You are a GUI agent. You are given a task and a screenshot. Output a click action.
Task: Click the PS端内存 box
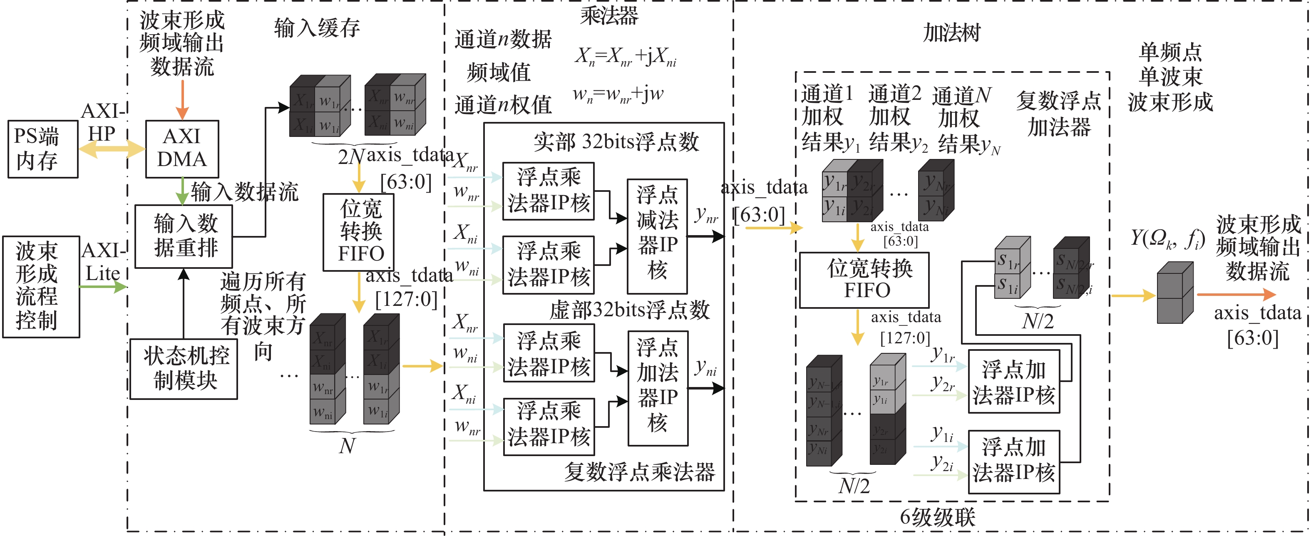point(43,149)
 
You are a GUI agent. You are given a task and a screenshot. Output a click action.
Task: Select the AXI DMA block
point(182,149)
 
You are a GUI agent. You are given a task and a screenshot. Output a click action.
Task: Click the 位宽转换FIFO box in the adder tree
point(864,280)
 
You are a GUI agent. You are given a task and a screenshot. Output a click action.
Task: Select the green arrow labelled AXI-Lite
point(102,287)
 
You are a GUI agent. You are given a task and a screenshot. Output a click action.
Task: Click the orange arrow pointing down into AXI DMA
point(182,100)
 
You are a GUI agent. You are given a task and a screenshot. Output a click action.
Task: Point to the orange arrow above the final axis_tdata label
point(1236,294)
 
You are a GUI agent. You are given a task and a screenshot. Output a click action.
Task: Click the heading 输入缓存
point(317,27)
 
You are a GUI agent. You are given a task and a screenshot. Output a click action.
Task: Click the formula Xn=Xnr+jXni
point(626,57)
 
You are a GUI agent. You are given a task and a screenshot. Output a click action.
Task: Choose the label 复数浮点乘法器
point(639,472)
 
